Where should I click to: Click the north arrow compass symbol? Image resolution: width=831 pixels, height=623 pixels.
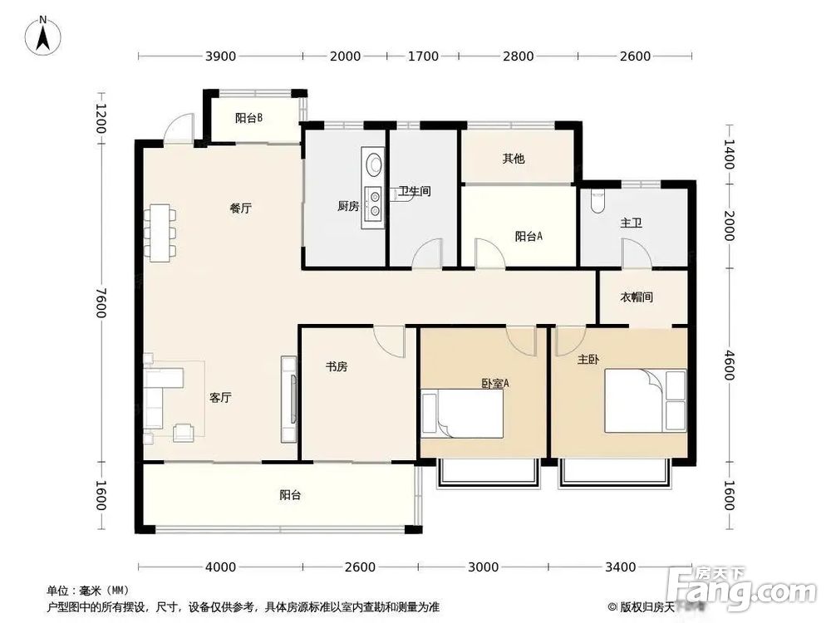[43, 35]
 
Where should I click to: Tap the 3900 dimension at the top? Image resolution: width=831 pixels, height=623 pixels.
[220, 56]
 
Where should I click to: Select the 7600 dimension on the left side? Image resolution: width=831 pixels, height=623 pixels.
[101, 302]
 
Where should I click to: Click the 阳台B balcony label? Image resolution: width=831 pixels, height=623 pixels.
[248, 118]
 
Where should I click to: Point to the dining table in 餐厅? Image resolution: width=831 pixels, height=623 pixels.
[160, 233]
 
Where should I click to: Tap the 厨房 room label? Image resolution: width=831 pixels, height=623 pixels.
[348, 206]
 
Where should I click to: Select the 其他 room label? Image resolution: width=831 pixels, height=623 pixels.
[513, 159]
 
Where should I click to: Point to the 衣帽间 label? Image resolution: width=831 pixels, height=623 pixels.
[636, 297]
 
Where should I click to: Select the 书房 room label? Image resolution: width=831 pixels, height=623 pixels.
[337, 366]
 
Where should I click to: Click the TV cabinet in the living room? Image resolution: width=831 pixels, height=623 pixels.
[289, 400]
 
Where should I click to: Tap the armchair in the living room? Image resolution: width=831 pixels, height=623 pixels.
[184, 432]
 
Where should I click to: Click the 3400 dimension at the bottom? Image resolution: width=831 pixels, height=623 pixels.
[620, 567]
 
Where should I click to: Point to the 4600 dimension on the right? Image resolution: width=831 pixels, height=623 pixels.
[729, 365]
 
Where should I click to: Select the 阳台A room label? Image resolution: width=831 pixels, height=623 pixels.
[529, 236]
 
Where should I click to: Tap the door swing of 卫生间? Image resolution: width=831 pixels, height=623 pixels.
[426, 253]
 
